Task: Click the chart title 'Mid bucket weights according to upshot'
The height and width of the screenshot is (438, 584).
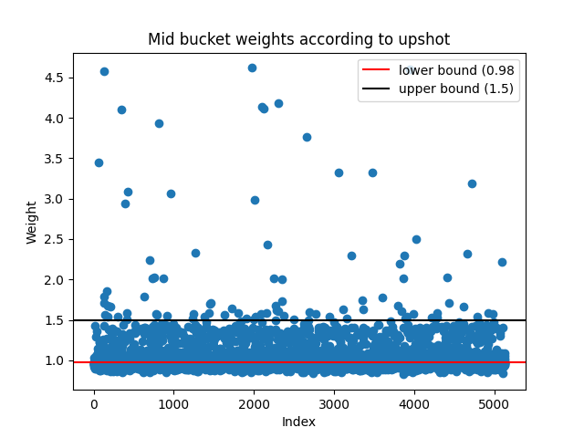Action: click(x=299, y=39)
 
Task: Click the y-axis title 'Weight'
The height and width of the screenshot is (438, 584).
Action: click(x=32, y=222)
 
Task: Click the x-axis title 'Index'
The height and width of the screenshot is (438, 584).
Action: click(x=299, y=421)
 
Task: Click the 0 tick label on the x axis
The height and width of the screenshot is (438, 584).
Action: click(x=94, y=403)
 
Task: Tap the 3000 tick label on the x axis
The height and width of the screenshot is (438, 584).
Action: click(x=334, y=403)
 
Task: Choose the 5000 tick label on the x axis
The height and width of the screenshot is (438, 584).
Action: click(x=495, y=403)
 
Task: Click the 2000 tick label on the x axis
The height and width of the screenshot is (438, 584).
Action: click(x=254, y=403)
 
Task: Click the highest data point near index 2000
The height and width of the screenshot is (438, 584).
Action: click(x=252, y=68)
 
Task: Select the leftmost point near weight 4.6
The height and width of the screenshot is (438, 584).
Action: click(x=104, y=71)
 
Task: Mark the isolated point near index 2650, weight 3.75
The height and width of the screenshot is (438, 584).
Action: click(x=307, y=137)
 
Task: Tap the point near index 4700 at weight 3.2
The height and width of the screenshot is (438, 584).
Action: click(x=472, y=183)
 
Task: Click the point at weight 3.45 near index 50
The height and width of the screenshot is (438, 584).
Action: click(x=99, y=162)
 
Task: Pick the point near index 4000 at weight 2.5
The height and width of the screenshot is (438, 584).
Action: click(x=416, y=239)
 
